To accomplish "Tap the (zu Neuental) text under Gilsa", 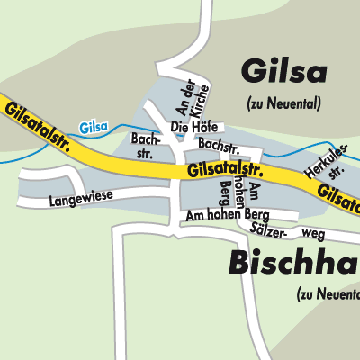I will (283, 104).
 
